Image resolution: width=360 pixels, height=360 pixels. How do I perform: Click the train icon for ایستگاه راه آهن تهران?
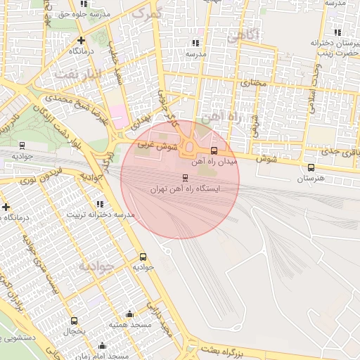point(185,177)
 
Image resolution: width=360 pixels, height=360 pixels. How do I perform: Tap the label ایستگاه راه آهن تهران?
point(185,189)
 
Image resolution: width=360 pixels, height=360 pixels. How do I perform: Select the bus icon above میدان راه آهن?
point(214,150)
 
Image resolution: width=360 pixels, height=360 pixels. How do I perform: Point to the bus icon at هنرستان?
point(311,167)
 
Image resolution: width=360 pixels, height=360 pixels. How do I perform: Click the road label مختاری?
point(255,83)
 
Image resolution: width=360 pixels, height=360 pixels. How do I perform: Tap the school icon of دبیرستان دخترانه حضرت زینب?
point(337,32)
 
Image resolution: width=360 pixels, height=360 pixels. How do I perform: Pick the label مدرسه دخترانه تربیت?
point(96,214)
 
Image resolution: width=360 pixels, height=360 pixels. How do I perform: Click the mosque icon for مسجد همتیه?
point(129,314)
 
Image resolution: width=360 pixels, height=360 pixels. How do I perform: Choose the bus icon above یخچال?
point(75,321)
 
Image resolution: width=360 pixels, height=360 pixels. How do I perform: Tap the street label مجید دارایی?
point(167,317)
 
